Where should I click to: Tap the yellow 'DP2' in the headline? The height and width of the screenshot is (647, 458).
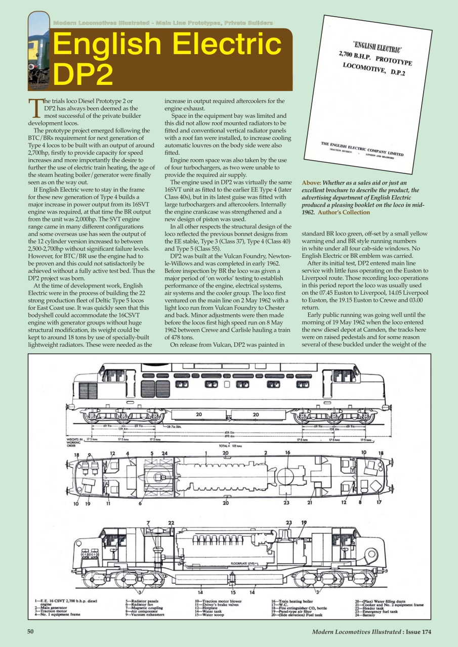(83, 74)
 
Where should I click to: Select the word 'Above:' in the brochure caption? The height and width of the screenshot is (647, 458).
(312, 183)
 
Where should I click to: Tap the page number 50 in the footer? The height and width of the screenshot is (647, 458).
(32, 631)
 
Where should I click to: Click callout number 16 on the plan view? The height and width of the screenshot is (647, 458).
(287, 453)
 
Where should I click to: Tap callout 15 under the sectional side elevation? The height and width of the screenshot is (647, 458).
(233, 592)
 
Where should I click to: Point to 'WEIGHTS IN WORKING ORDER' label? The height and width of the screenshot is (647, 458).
(74, 442)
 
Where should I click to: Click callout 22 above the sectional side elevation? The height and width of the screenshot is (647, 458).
(171, 523)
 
